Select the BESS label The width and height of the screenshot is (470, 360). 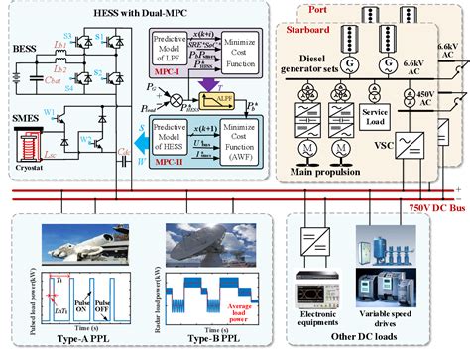[24, 47]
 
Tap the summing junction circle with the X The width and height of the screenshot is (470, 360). [177, 100]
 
